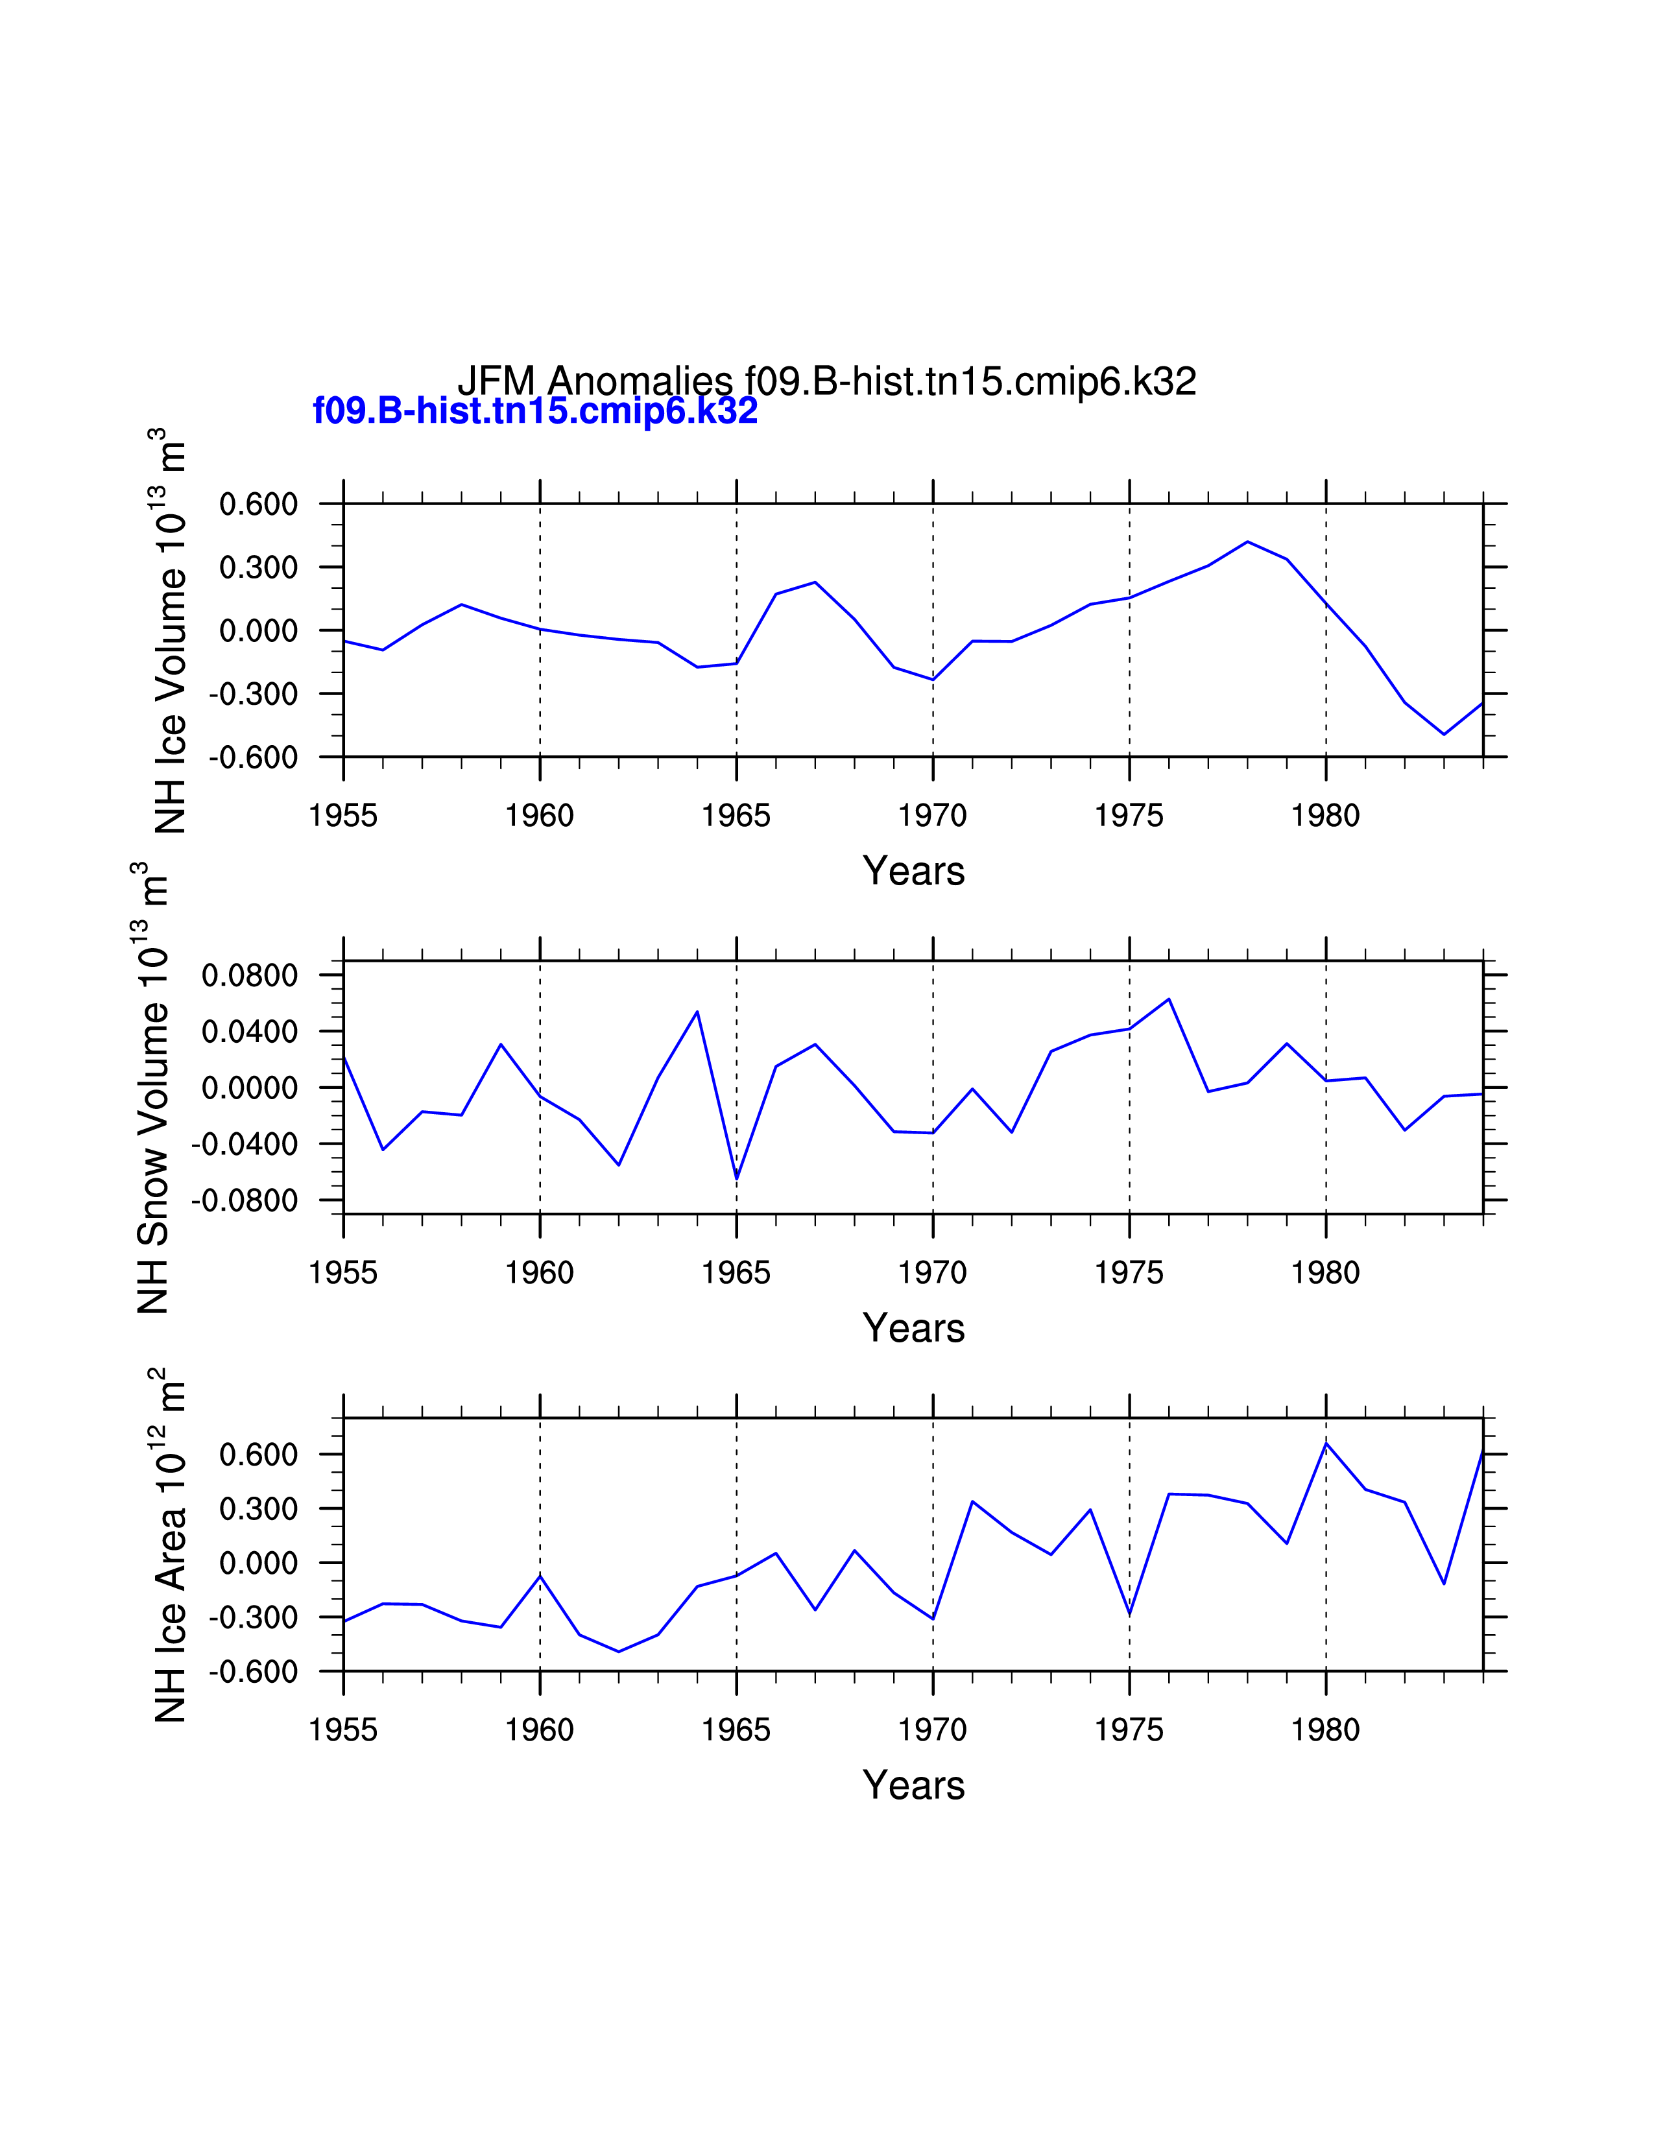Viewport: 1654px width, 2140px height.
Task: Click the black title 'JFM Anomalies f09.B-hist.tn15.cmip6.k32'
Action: pos(826,381)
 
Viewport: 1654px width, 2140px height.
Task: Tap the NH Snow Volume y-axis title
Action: pos(152,1088)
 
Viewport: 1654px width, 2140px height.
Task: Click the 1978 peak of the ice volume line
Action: pos(1247,542)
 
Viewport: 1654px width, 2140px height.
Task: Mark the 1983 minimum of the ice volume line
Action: pos(1443,734)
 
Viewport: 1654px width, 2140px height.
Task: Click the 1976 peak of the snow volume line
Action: pos(1169,999)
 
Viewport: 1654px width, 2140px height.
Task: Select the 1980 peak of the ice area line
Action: pos(1326,1444)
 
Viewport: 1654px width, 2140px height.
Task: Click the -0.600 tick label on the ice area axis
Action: pos(253,1672)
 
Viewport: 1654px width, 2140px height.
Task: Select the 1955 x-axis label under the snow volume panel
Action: pos(343,1273)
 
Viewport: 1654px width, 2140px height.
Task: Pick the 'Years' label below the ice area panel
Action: pos(913,1785)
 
